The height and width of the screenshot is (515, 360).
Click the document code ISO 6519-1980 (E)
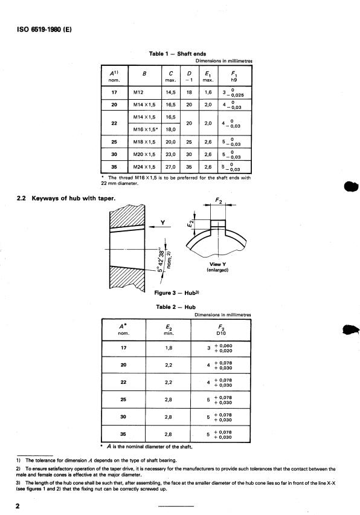44,29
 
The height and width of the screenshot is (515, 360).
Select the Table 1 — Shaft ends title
178,54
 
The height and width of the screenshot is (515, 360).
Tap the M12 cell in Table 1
138,92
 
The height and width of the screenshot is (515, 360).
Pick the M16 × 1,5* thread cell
146,129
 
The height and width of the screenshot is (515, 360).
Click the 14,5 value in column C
171,92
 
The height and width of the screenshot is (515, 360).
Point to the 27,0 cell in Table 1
171,167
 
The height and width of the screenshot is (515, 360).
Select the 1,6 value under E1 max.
208,92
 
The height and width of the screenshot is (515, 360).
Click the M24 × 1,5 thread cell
144,167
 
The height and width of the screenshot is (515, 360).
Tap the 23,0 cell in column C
171,154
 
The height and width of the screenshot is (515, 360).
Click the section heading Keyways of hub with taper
74,198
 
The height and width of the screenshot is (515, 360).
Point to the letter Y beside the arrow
162,222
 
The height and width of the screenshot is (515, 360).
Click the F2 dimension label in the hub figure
219,199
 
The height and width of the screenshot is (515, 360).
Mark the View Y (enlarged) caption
217,267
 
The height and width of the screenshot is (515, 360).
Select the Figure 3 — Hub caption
176,293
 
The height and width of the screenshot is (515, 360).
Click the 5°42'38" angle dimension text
161,259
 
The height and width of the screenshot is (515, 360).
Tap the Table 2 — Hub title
176,307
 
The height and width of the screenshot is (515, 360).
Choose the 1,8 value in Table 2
169,348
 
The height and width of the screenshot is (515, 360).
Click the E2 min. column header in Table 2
169,330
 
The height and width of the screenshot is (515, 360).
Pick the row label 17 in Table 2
123,348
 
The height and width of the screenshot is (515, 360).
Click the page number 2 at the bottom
18,506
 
